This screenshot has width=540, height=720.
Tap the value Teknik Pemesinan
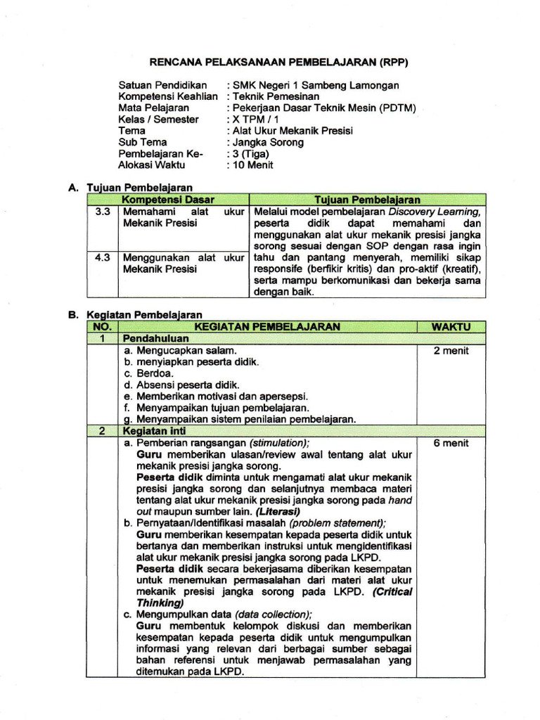(276, 96)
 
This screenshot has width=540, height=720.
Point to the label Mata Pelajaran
(153, 108)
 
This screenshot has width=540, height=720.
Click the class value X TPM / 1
(256, 120)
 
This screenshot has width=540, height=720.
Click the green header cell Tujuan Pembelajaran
(368, 200)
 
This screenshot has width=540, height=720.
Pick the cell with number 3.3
(102, 212)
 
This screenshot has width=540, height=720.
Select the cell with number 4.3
(102, 258)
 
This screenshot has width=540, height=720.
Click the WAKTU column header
(451, 327)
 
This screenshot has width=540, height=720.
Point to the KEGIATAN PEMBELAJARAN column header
(266, 327)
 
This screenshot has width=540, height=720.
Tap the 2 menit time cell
(451, 350)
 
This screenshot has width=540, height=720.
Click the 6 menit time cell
(451, 443)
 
